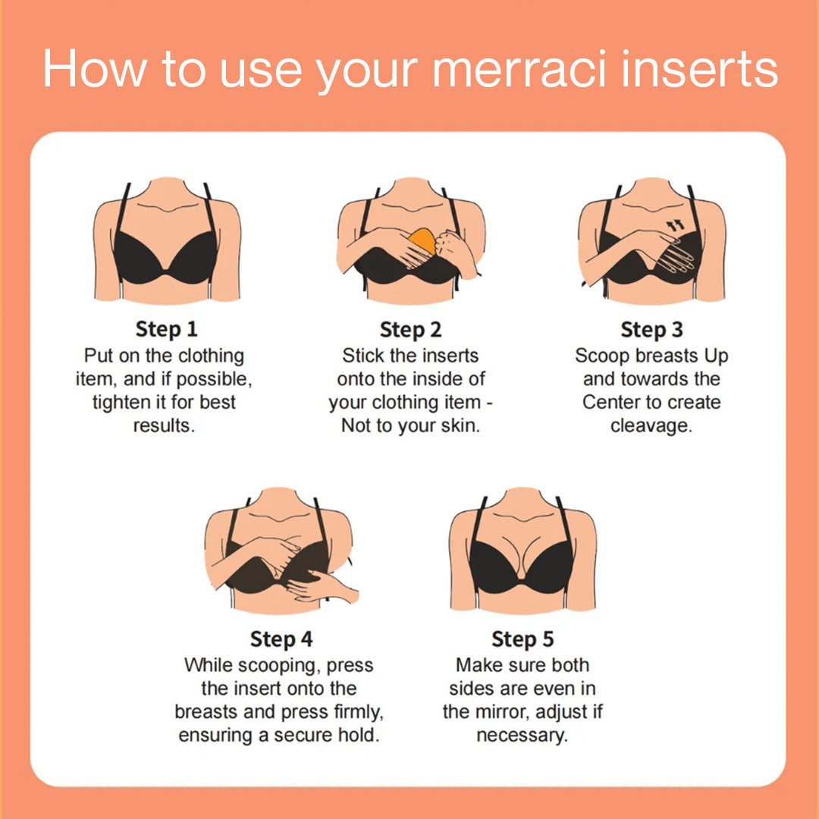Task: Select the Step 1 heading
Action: coord(166,329)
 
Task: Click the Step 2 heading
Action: coord(410,330)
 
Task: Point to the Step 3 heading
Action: coord(651,330)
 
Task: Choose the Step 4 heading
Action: coord(281,639)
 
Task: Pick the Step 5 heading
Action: coord(522,639)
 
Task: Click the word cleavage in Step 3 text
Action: coord(651,425)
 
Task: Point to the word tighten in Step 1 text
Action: coord(124,402)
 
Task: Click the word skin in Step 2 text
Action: coord(460,425)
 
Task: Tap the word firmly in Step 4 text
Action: coord(354,712)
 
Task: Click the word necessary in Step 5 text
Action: coord(522,736)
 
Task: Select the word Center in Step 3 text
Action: coord(615,402)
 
